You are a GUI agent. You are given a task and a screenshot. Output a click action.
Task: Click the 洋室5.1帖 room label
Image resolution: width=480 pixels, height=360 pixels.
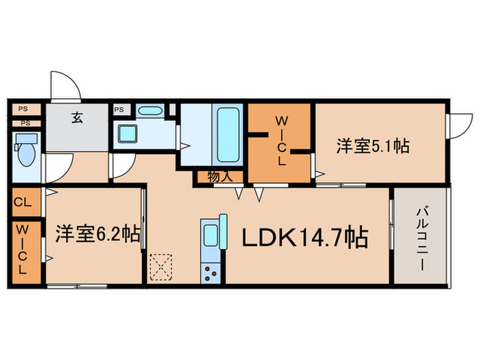point(373,146)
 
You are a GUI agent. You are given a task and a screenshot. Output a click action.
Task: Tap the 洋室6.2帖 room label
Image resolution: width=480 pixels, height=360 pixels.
point(97,235)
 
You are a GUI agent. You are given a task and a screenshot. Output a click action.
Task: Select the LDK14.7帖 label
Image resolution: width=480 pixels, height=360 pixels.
point(303,237)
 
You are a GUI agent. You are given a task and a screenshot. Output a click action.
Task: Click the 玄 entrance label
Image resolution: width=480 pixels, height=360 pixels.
point(75,116)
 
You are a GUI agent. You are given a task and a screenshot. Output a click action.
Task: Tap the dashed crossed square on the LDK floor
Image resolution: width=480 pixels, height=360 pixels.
point(163,267)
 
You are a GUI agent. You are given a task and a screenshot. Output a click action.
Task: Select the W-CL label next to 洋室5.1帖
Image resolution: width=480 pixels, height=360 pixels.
point(280,141)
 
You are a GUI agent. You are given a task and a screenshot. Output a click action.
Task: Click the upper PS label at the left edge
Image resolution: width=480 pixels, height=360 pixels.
point(23,108)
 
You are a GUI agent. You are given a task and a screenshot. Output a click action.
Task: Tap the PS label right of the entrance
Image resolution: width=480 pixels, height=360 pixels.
point(119,109)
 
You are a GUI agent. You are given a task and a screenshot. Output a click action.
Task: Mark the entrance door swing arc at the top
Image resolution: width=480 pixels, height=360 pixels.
point(67,86)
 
